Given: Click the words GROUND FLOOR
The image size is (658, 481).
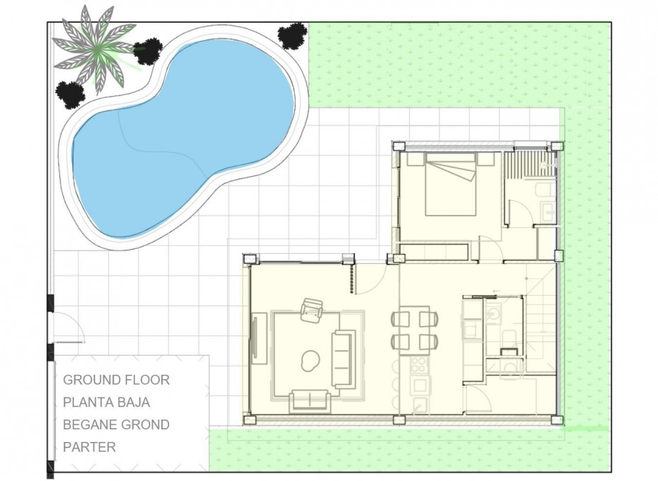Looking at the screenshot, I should (116, 380).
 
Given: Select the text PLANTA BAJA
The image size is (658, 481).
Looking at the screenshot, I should (106, 402).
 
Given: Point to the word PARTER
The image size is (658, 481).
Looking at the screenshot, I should (89, 447).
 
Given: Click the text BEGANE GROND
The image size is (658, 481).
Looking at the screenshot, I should (116, 425).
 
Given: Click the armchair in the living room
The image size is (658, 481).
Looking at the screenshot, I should (311, 310).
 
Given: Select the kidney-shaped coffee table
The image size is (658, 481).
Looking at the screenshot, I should (309, 361).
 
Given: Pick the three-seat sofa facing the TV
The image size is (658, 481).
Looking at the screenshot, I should (344, 358).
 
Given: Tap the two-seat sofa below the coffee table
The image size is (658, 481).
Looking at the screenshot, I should (310, 400).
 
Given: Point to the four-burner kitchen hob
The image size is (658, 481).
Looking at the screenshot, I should (419, 365).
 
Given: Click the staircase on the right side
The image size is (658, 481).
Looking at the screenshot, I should (541, 325).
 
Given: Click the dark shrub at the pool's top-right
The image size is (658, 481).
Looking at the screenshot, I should (292, 35).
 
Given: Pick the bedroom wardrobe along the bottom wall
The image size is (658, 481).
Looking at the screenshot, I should (433, 250).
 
